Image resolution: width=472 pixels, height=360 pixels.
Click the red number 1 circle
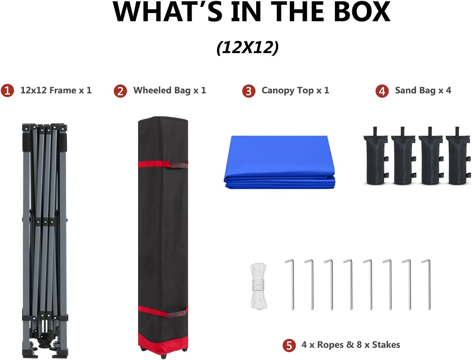(7, 91)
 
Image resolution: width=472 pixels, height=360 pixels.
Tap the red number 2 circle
(120, 91)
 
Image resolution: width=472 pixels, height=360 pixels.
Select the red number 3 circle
(249, 91)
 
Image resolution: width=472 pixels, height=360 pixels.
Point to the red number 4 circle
(382, 91)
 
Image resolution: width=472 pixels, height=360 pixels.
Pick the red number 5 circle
(289, 346)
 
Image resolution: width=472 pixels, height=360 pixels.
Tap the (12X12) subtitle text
(247, 48)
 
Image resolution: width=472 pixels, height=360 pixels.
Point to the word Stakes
(386, 345)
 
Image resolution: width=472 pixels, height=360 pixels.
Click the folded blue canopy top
(279, 162)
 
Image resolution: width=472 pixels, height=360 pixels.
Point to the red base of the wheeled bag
(163, 344)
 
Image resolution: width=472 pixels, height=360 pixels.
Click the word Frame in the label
(63, 90)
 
